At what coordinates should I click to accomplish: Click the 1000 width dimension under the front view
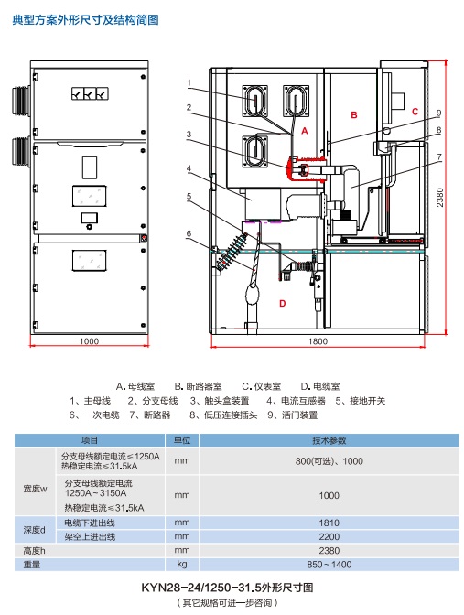click(x=89, y=341)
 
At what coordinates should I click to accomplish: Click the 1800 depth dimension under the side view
click(x=318, y=341)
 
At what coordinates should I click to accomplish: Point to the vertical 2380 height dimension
click(x=440, y=198)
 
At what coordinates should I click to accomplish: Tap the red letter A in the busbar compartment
click(x=305, y=131)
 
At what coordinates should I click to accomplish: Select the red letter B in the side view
click(x=354, y=115)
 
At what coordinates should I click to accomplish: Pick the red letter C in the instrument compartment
click(x=415, y=112)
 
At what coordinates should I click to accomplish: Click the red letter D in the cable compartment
click(x=283, y=303)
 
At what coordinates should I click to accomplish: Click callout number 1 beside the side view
click(x=189, y=82)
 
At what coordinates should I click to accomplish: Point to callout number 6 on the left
click(x=189, y=233)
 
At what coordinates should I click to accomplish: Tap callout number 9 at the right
click(x=439, y=113)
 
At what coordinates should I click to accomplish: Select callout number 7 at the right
click(x=439, y=156)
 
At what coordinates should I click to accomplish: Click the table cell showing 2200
click(x=329, y=536)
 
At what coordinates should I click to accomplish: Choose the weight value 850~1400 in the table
click(x=329, y=565)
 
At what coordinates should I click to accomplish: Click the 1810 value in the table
click(x=329, y=523)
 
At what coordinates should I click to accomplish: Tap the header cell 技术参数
click(x=329, y=440)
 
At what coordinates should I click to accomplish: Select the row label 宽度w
click(x=35, y=489)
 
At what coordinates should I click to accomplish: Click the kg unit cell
click(x=181, y=564)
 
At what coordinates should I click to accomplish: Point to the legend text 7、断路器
click(x=150, y=415)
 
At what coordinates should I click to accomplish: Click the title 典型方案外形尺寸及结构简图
click(x=85, y=19)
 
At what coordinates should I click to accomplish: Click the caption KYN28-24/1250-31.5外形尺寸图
click(x=227, y=588)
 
